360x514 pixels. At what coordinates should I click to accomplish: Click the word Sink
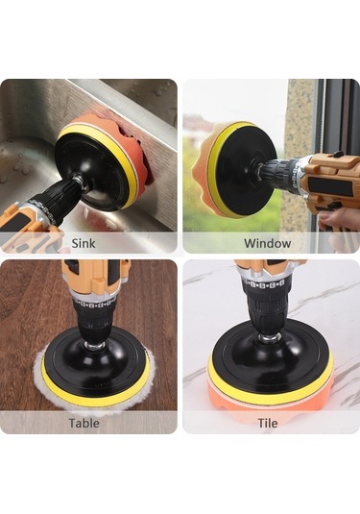(84, 243)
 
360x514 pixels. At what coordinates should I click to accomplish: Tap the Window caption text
(267, 243)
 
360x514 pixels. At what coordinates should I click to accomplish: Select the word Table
(84, 423)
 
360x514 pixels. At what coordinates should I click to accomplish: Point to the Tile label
(267, 423)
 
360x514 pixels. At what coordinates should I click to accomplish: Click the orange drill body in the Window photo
(332, 181)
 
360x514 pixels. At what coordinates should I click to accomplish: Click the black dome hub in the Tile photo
(265, 354)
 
